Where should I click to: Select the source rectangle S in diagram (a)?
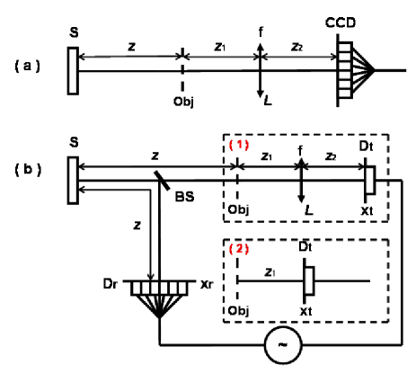72,69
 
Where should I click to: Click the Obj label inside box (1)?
239,209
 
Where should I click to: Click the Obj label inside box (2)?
239,310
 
